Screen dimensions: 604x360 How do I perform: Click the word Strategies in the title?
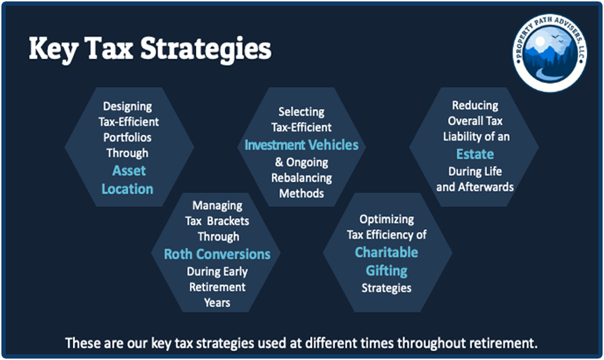click(x=206, y=49)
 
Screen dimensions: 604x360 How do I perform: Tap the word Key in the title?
click(x=53, y=50)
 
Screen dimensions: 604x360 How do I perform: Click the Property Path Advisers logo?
click(x=550, y=53)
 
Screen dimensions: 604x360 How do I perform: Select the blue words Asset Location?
click(x=127, y=180)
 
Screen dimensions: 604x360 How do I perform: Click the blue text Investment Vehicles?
click(x=302, y=145)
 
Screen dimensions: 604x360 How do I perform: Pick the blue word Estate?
click(x=475, y=154)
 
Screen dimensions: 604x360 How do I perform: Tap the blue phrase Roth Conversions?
click(x=217, y=254)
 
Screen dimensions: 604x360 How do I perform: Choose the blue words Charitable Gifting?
click(x=386, y=262)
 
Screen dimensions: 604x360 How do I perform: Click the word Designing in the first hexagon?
click(x=127, y=107)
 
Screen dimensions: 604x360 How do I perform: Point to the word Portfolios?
click(x=127, y=137)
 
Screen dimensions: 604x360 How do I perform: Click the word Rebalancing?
click(x=302, y=179)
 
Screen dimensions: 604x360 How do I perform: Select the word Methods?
click(x=302, y=193)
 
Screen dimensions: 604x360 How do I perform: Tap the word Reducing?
click(x=475, y=105)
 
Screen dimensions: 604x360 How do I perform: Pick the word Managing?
click(x=217, y=206)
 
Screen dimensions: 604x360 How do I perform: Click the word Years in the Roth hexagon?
click(x=217, y=303)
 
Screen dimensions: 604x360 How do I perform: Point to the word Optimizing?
click(x=387, y=220)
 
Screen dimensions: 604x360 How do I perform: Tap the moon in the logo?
click(x=540, y=41)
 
